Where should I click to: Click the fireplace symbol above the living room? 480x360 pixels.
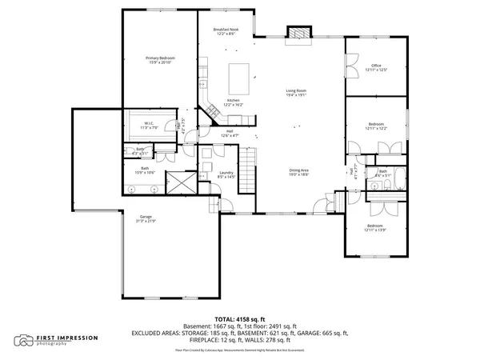pos(299,34)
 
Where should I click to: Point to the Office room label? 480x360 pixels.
pos(375,66)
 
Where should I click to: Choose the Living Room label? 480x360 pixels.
pos(297,91)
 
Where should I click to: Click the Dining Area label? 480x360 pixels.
pos(299,170)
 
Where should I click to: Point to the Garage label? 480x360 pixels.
pos(146,217)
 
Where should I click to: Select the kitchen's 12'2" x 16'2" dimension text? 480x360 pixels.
pos(233,104)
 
